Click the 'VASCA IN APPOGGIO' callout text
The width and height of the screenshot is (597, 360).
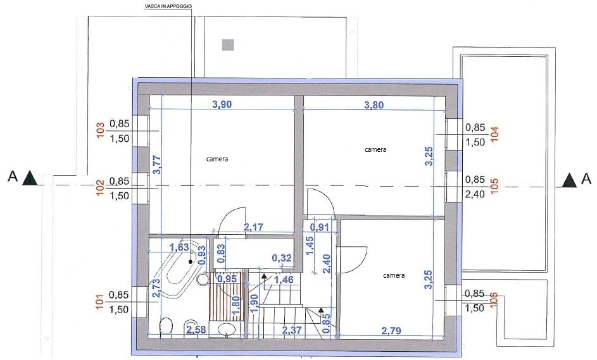pyautogui.click(x=168, y=6)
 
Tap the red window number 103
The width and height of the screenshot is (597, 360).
pyautogui.click(x=101, y=130)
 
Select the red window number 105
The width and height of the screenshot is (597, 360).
pyautogui.click(x=494, y=186)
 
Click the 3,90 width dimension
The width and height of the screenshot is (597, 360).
pyautogui.click(x=222, y=104)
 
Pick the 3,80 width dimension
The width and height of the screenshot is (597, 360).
pyautogui.click(x=374, y=105)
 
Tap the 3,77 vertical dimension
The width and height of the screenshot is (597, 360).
pyautogui.click(x=157, y=165)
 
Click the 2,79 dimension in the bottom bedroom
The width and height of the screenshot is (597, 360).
pyautogui.click(x=391, y=331)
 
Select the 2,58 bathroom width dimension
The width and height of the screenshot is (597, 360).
pyautogui.click(x=196, y=330)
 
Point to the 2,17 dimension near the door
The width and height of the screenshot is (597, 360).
pyautogui.click(x=254, y=227)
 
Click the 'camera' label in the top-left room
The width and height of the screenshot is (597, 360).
pyautogui.click(x=217, y=159)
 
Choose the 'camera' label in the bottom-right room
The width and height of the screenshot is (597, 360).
pyautogui.click(x=394, y=275)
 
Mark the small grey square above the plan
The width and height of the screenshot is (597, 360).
pyautogui.click(x=228, y=45)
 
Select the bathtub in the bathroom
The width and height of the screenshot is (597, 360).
pyautogui.click(x=178, y=268)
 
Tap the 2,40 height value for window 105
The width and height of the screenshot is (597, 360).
pyautogui.click(x=475, y=194)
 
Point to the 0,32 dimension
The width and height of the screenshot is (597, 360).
pyautogui.click(x=282, y=258)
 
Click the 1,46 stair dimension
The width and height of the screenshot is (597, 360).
pyautogui.click(x=284, y=280)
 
